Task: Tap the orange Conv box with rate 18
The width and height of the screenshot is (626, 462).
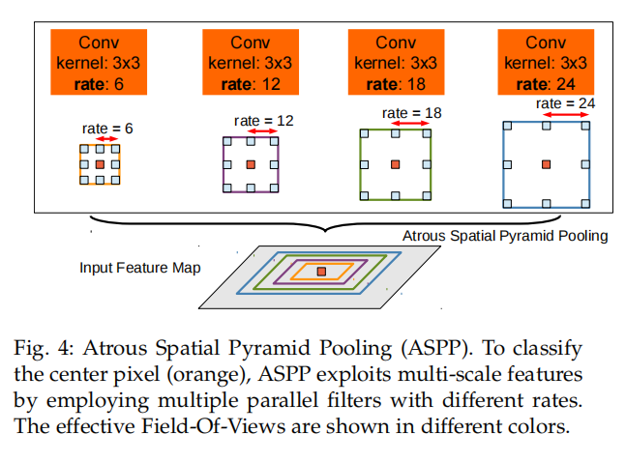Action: point(395,63)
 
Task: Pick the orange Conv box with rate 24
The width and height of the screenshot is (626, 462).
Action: point(545,63)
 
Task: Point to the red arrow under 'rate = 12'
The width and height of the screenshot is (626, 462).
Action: point(250,132)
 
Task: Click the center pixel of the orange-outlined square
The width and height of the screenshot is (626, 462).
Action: point(100,164)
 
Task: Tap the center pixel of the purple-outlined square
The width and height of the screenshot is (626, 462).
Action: point(251,164)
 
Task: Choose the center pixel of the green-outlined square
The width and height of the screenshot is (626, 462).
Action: point(396,164)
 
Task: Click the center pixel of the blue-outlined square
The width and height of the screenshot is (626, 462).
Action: point(547,163)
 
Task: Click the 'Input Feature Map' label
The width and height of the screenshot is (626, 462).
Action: point(139,267)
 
